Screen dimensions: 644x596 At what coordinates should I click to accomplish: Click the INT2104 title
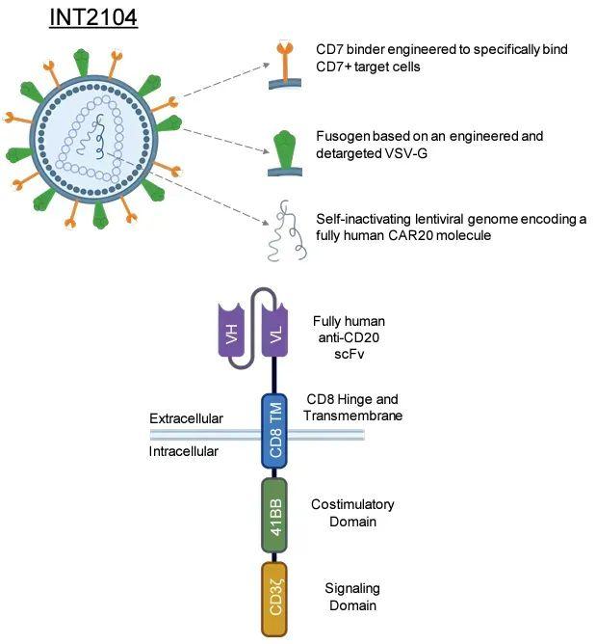coord(93,17)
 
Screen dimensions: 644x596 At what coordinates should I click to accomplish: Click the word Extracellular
coord(186,418)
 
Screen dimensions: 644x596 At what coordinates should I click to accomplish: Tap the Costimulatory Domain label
coord(352,513)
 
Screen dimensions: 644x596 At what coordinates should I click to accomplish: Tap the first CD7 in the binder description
coord(329,49)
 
